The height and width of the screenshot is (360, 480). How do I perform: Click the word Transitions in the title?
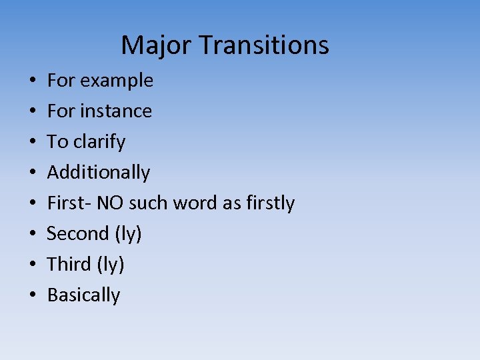click(264, 45)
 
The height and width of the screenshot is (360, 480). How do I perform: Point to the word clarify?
click(99, 142)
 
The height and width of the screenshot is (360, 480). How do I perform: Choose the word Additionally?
click(99, 173)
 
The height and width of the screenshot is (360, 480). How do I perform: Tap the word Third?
click(69, 264)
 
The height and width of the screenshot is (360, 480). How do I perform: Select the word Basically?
click(84, 295)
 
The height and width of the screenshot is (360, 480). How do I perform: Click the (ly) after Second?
click(128, 234)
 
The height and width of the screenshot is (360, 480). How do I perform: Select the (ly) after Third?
click(111, 265)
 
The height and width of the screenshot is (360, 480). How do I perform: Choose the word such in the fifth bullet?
click(149, 203)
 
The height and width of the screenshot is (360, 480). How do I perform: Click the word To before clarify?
click(58, 141)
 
